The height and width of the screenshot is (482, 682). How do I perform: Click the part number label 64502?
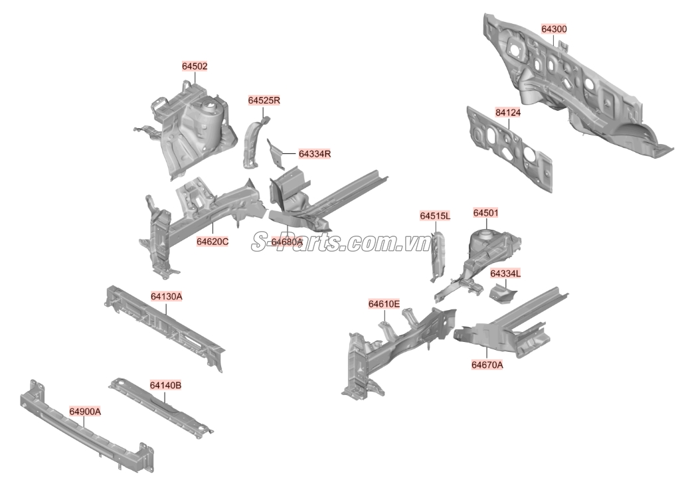(x=195, y=66)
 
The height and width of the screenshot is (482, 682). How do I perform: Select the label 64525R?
(x=264, y=100)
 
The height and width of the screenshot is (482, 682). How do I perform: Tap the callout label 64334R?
(x=315, y=154)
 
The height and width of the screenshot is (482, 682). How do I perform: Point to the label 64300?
(x=554, y=29)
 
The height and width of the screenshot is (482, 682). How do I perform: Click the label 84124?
(x=508, y=113)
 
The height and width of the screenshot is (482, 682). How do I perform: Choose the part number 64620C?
(x=213, y=242)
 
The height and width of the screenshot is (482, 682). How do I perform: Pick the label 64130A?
(x=167, y=297)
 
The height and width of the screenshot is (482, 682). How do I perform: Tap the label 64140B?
(x=166, y=386)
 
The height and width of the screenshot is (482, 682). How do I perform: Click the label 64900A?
(x=85, y=412)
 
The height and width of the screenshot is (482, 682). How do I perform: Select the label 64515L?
(x=435, y=216)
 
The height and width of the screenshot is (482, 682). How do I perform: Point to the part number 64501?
(x=486, y=213)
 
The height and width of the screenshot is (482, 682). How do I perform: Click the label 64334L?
(x=505, y=274)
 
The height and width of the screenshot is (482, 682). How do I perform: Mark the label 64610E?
(x=384, y=304)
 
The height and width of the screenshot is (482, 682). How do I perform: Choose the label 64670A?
(x=487, y=365)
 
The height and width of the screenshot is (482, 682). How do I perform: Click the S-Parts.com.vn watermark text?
(x=341, y=242)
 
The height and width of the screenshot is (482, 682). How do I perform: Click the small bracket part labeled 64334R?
(x=276, y=153)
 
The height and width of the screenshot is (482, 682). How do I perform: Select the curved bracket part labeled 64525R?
(x=254, y=142)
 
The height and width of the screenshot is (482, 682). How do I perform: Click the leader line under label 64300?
(x=554, y=40)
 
